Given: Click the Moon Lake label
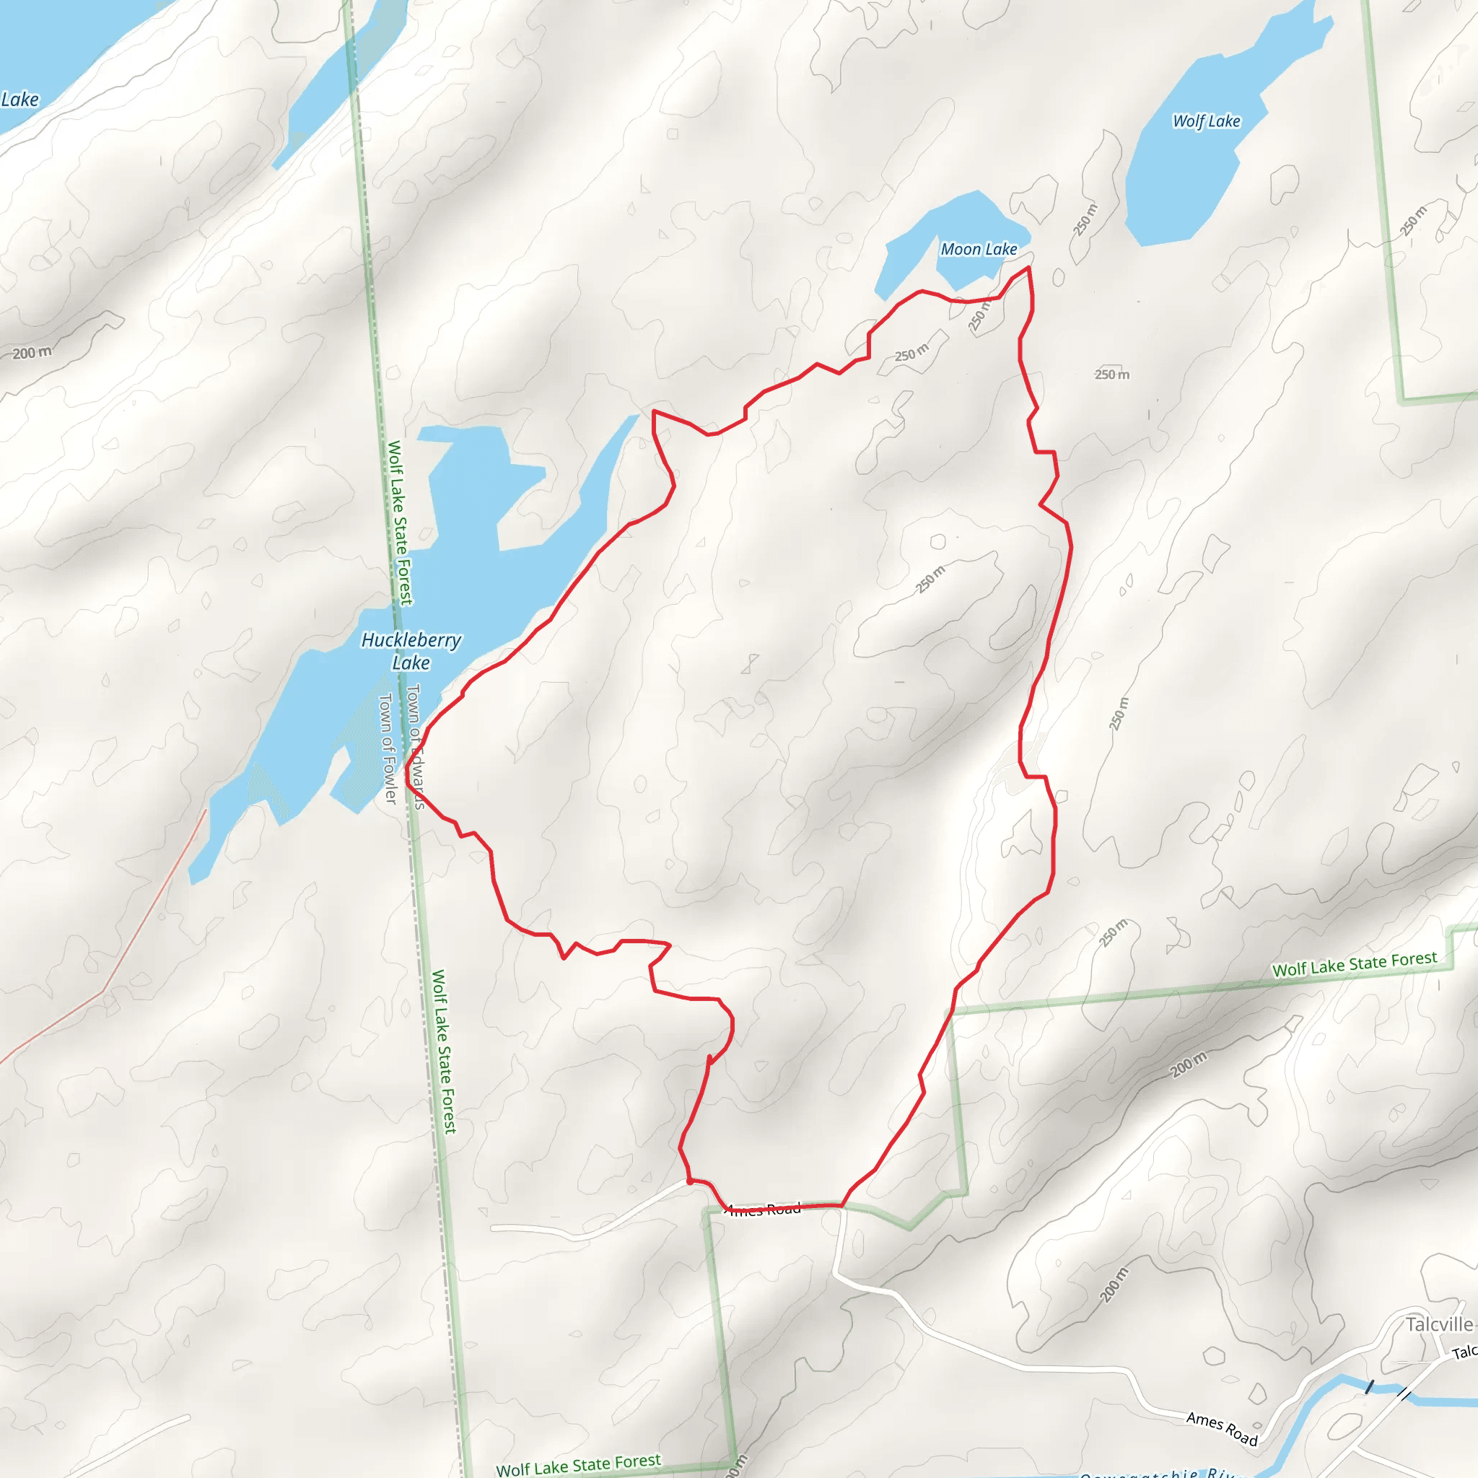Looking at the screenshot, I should pyautogui.click(x=979, y=250).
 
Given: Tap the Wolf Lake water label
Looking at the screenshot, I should pyautogui.click(x=1207, y=121).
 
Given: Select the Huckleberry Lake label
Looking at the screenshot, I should pyautogui.click(x=411, y=650).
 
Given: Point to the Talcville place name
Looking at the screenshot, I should pyautogui.click(x=1439, y=1324).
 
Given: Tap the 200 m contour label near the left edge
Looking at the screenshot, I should pyautogui.click(x=32, y=353).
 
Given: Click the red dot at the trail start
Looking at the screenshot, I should pyautogui.click(x=690, y=1181).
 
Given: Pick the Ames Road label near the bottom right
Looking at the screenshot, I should pyautogui.click(x=1222, y=1428).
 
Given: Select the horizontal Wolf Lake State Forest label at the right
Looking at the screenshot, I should pyautogui.click(x=1354, y=964).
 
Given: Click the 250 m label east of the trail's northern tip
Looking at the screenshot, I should pyautogui.click(x=1111, y=374).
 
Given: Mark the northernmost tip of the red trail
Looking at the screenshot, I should pyautogui.click(x=1029, y=268).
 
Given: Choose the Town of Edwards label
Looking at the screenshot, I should pyautogui.click(x=416, y=746).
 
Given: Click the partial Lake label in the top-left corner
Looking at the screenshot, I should pyautogui.click(x=20, y=100).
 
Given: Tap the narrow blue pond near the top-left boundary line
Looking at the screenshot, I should pyautogui.click(x=336, y=84).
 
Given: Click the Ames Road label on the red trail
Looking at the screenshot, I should pyautogui.click(x=764, y=1210).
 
